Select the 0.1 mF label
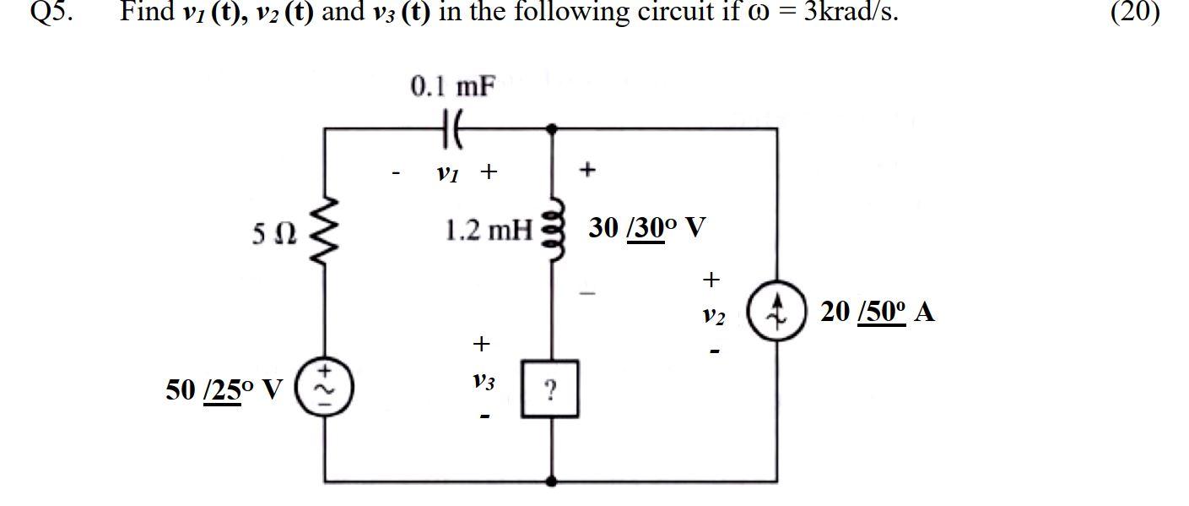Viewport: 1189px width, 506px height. click(x=453, y=87)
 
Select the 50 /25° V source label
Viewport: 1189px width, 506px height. click(x=224, y=389)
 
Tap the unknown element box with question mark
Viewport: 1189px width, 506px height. click(x=550, y=389)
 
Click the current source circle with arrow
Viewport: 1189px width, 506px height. click(x=778, y=313)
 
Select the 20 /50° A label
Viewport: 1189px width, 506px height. click(x=877, y=312)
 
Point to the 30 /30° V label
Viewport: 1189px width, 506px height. click(x=647, y=228)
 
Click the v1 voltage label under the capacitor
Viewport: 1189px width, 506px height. click(x=446, y=172)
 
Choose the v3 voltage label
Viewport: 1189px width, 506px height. click(x=482, y=381)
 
